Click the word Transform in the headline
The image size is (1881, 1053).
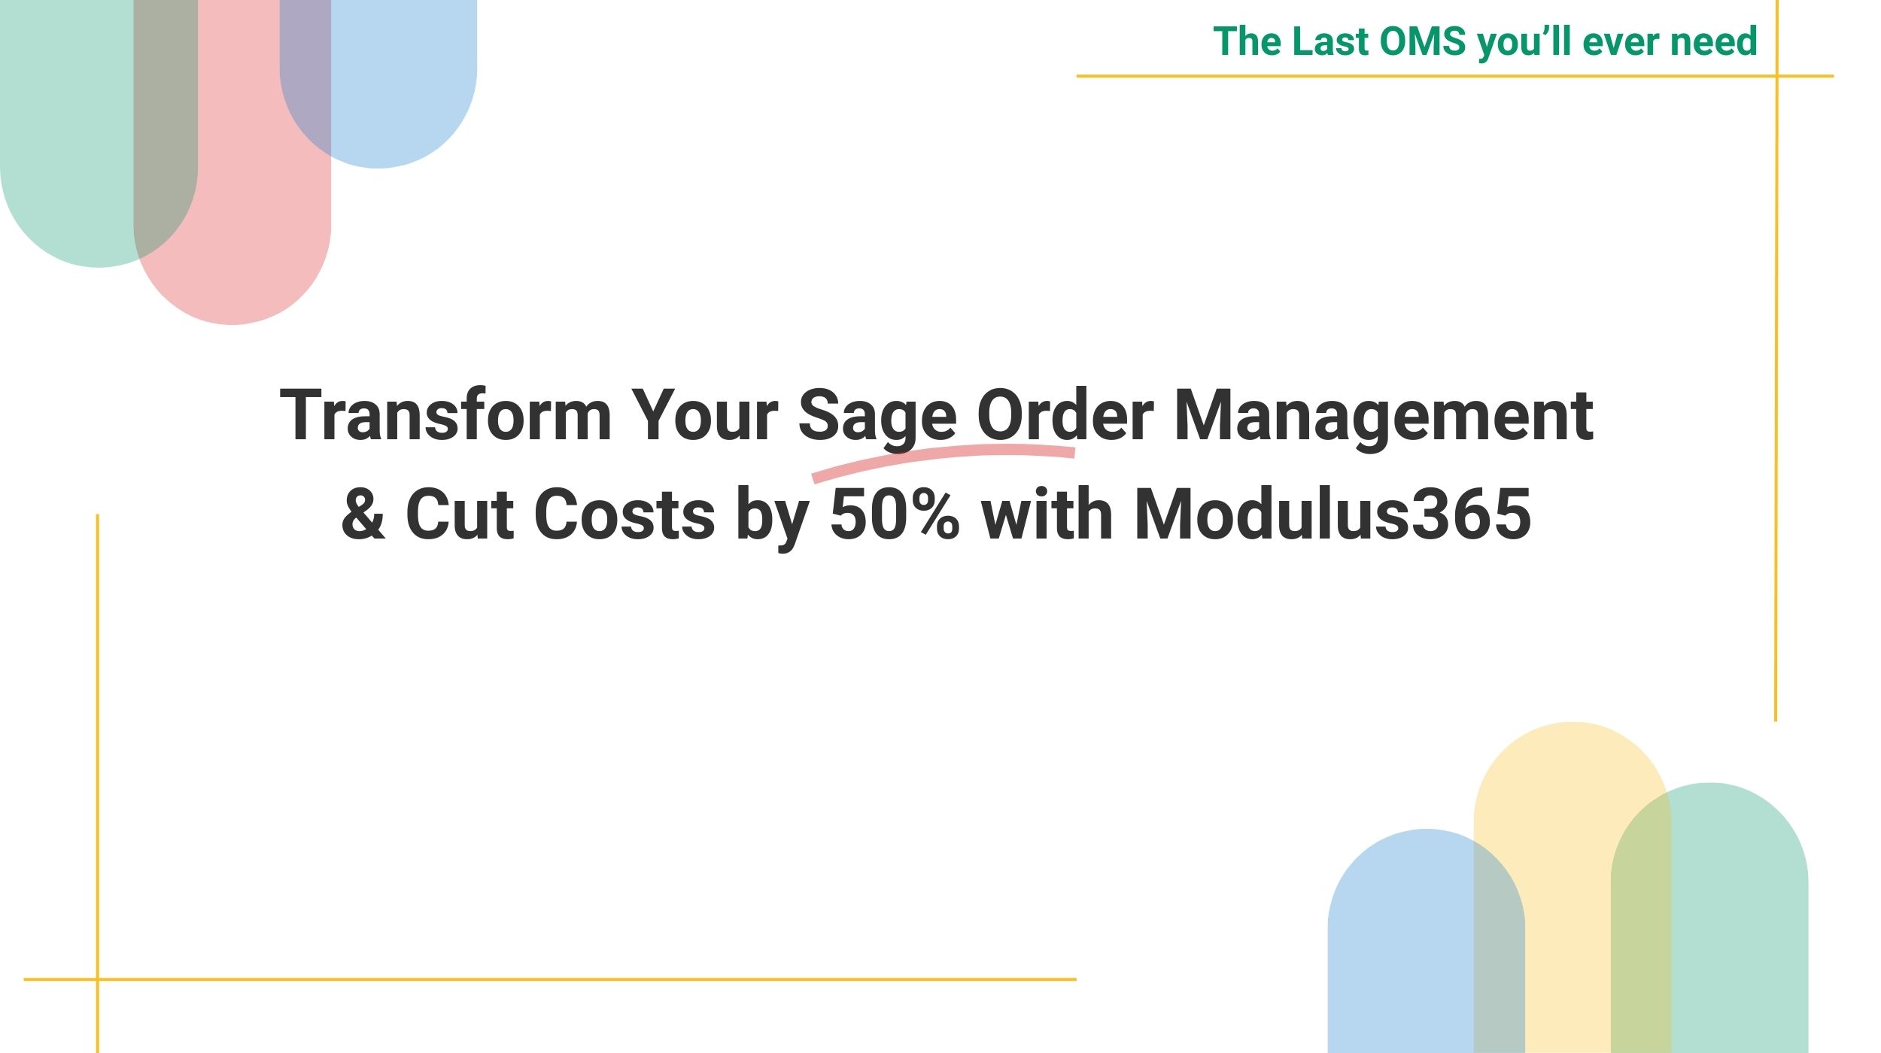(445, 414)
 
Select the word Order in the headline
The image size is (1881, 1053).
(1065, 414)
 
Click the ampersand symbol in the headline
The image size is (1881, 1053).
(363, 514)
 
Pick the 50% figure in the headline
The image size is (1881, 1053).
(895, 514)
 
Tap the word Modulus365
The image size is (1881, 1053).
(1333, 513)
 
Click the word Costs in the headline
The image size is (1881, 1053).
(624, 514)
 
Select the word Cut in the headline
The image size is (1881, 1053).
(460, 514)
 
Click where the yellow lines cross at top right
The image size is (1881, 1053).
(1776, 76)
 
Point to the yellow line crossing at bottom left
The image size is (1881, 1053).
(98, 979)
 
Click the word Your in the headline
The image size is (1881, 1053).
(704, 414)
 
